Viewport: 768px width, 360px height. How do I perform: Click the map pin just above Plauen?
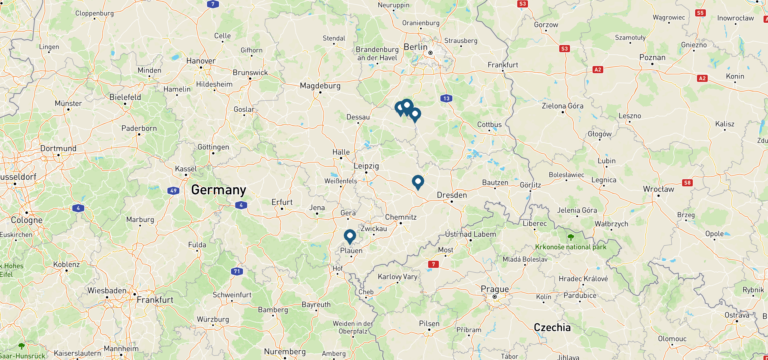[350, 236]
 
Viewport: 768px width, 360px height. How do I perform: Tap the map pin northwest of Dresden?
[418, 181]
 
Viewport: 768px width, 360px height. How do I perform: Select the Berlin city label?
[415, 47]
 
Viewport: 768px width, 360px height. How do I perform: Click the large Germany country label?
[219, 190]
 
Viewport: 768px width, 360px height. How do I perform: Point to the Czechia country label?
[552, 327]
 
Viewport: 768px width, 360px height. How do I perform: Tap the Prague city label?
[495, 289]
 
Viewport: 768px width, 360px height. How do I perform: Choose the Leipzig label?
[366, 166]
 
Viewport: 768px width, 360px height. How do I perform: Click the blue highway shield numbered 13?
[446, 98]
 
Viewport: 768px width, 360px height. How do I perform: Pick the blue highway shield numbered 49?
[173, 190]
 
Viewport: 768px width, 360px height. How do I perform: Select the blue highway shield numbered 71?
[237, 271]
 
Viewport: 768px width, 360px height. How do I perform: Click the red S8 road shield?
[687, 183]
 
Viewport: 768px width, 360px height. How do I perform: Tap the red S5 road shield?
[700, 13]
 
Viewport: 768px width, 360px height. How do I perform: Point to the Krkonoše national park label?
[571, 247]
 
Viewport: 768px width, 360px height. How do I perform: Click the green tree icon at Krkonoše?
[571, 237]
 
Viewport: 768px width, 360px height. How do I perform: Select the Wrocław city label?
[658, 189]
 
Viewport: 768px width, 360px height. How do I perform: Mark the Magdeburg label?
[320, 86]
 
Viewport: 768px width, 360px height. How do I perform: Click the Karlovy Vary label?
[397, 277]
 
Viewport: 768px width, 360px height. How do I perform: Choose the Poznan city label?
[652, 57]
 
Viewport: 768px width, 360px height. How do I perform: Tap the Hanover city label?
[201, 61]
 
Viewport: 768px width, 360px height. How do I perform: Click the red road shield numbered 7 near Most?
[433, 264]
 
